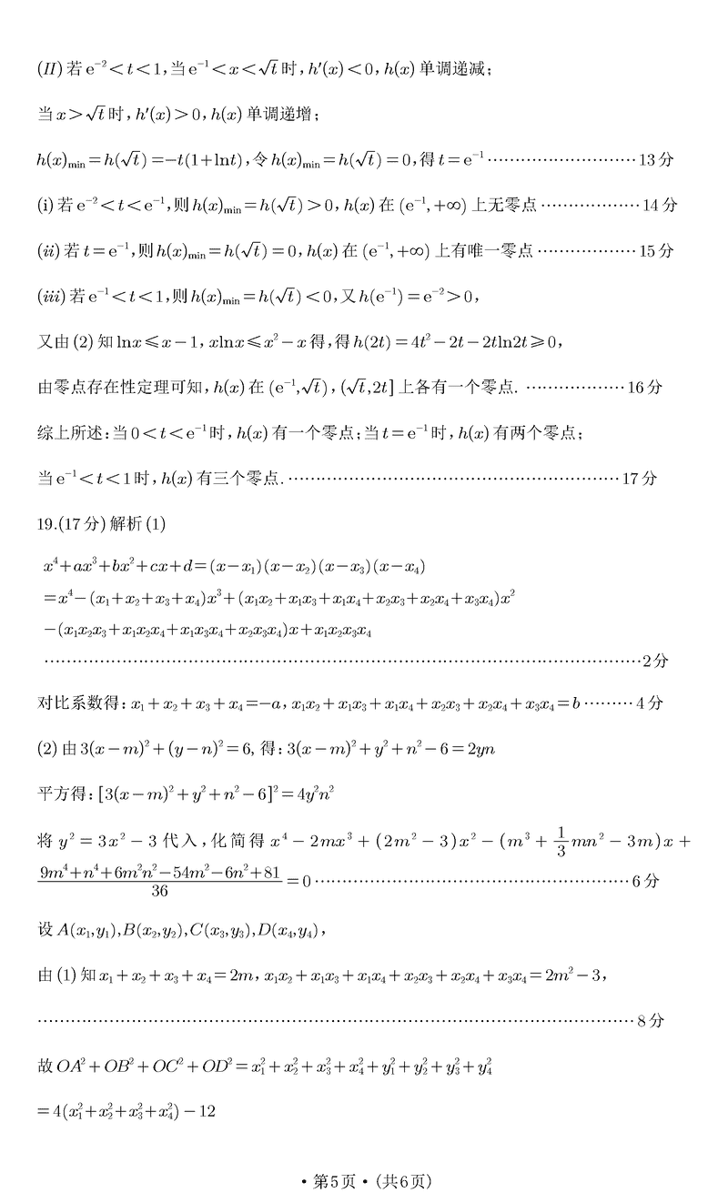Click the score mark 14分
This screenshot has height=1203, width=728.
(659, 205)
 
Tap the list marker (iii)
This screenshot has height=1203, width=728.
(51, 296)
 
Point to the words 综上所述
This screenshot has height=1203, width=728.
(70, 433)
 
